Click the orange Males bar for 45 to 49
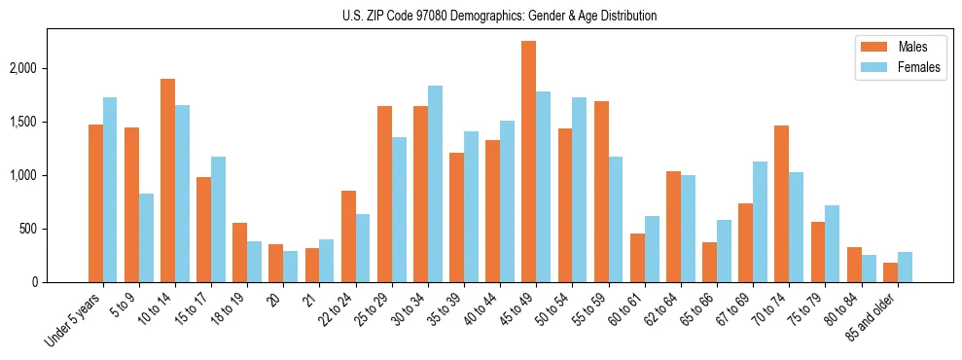[528, 162]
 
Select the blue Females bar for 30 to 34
[435, 184]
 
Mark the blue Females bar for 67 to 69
[760, 222]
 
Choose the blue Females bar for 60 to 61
[652, 249]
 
